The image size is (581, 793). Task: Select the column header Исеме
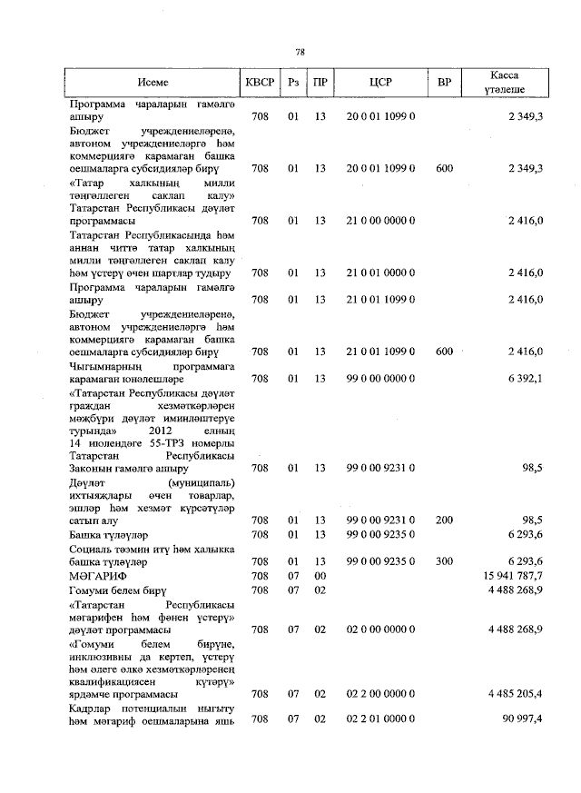point(153,82)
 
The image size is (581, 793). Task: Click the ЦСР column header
point(381,82)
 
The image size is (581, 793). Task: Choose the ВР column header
point(444,82)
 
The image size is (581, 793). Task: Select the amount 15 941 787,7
point(515,576)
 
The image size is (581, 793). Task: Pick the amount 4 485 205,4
point(515,694)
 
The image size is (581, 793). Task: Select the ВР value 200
point(444,520)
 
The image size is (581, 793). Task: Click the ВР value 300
point(444,562)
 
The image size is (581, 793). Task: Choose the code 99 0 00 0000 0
point(381,378)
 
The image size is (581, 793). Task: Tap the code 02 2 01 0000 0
point(381,719)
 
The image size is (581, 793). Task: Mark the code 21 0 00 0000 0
point(381,220)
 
